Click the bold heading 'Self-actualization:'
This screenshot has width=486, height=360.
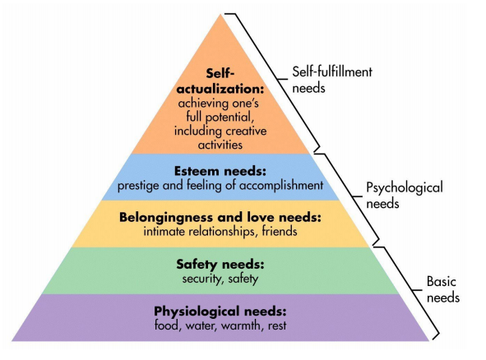220,81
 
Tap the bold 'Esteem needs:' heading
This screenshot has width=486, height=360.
220,171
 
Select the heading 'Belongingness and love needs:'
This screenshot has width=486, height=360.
220,217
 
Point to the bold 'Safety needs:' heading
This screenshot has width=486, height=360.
220,265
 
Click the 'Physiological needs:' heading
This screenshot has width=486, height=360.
220,311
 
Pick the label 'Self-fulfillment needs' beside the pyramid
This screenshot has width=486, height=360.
332,80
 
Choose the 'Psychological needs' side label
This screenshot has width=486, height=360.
405,196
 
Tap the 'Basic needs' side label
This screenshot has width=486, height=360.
443,289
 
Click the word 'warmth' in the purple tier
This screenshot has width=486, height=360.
241,325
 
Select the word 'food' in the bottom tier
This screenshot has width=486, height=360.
168,326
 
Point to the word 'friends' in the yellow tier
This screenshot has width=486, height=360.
280,232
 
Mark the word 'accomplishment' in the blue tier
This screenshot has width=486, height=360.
281,186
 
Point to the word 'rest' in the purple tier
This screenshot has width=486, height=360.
277,326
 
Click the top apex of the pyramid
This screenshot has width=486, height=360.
220,14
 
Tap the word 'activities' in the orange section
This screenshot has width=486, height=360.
220,145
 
